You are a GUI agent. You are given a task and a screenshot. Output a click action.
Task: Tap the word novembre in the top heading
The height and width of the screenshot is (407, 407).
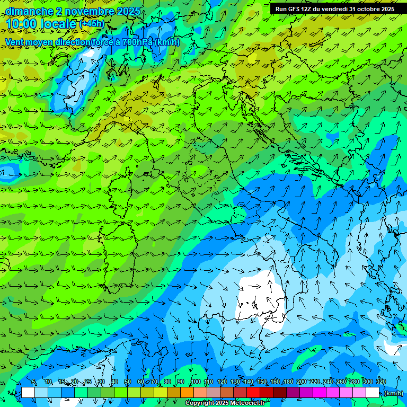(x=85, y=11)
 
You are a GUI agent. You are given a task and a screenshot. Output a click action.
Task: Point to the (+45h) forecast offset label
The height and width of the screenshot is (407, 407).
(x=92, y=24)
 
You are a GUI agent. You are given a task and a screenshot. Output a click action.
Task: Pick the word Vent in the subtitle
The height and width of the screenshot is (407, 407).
(x=15, y=42)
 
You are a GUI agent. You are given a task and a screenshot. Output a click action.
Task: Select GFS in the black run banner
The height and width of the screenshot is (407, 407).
(x=295, y=9)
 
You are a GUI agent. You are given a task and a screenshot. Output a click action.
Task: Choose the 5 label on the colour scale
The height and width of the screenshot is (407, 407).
(x=34, y=382)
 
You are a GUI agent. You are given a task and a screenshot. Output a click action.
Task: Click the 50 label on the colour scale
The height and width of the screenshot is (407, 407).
(x=127, y=382)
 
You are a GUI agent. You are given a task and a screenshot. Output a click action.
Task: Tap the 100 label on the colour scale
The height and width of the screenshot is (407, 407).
(x=196, y=382)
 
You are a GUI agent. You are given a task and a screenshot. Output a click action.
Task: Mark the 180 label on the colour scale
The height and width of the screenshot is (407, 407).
(x=288, y=382)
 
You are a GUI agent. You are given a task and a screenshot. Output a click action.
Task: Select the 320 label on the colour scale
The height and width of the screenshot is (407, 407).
(x=381, y=382)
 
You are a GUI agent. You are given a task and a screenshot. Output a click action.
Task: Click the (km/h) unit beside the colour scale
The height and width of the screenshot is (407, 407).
(x=393, y=393)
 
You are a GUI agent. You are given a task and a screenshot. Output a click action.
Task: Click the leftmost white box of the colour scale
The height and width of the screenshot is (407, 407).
(x=28, y=393)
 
